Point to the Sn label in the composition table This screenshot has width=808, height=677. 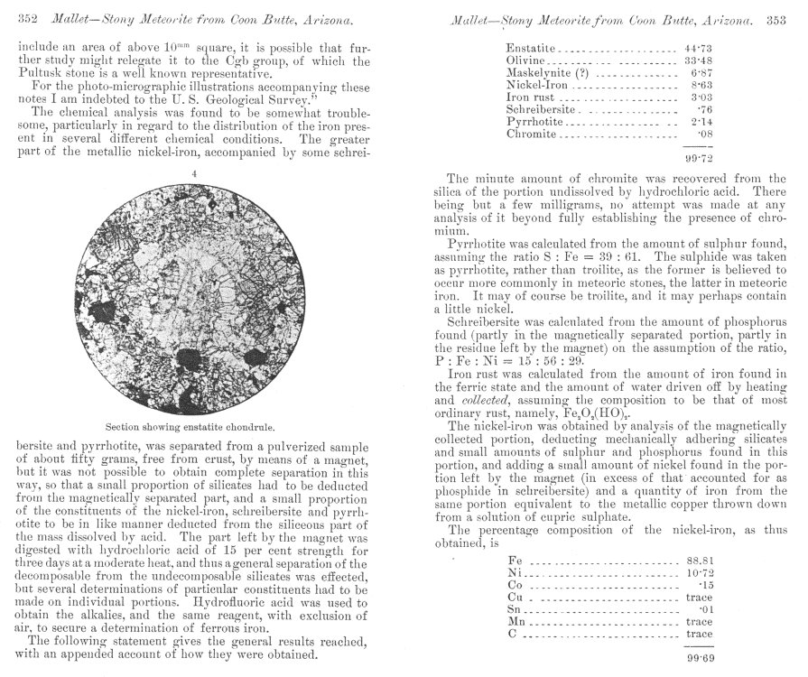point(515,609)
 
